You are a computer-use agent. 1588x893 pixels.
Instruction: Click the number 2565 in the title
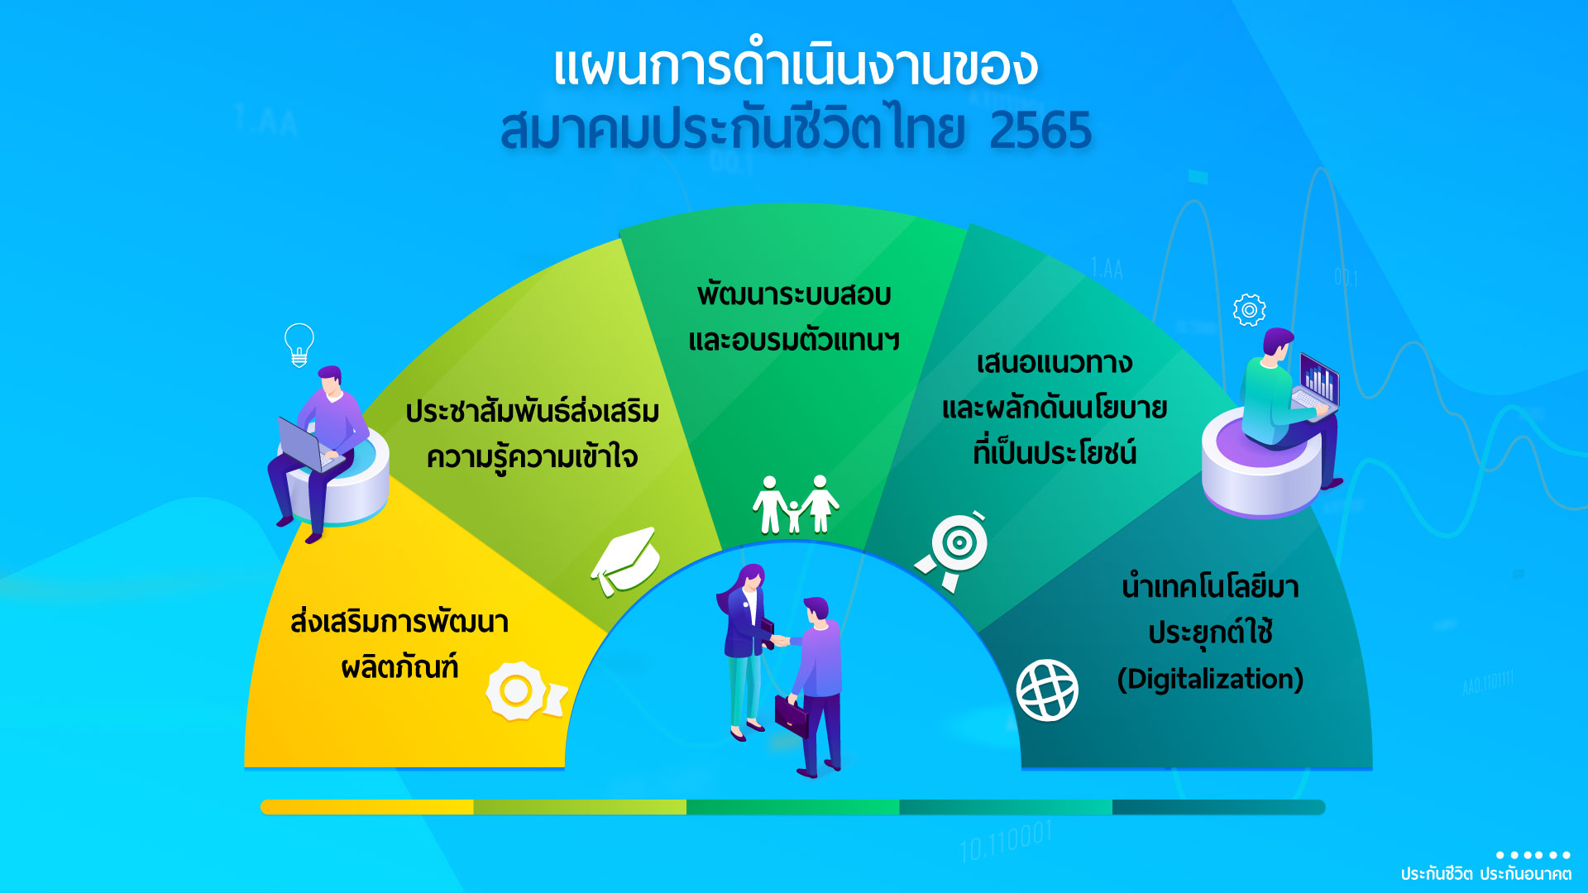pyautogui.click(x=1040, y=131)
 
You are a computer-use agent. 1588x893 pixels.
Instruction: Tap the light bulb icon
pyautogui.click(x=299, y=344)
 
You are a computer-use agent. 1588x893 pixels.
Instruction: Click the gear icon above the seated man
pyautogui.click(x=1249, y=310)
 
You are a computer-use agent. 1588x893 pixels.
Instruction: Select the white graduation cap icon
pyautogui.click(x=625, y=560)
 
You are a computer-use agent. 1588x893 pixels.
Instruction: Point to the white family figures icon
pyautogui.click(x=795, y=504)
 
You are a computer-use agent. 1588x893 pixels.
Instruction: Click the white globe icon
pyautogui.click(x=1047, y=690)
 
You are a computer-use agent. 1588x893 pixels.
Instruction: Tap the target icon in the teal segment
pyautogui.click(x=953, y=549)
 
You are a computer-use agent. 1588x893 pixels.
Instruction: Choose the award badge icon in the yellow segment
pyautogui.click(x=524, y=691)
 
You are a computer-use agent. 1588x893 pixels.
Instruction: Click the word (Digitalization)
pyautogui.click(x=1210, y=679)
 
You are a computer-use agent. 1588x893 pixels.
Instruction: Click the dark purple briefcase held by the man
pyautogui.click(x=792, y=715)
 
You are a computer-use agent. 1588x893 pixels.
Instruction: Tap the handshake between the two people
pyautogui.click(x=779, y=640)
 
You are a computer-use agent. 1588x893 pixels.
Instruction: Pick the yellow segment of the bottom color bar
pyautogui.click(x=367, y=807)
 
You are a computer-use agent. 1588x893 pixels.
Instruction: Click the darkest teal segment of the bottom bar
pyautogui.click(x=1219, y=807)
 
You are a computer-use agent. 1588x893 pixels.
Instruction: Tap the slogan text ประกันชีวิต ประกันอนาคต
pyautogui.click(x=1485, y=874)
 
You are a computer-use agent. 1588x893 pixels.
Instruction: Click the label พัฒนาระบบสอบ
pyautogui.click(x=794, y=294)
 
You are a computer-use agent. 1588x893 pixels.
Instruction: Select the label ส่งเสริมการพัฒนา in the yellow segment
pyautogui.click(x=399, y=621)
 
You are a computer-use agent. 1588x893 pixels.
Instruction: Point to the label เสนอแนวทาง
pyautogui.click(x=1055, y=363)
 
